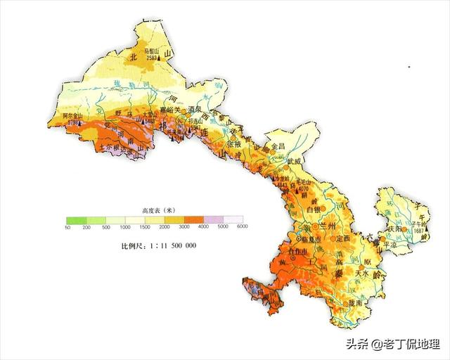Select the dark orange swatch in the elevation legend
203,219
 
